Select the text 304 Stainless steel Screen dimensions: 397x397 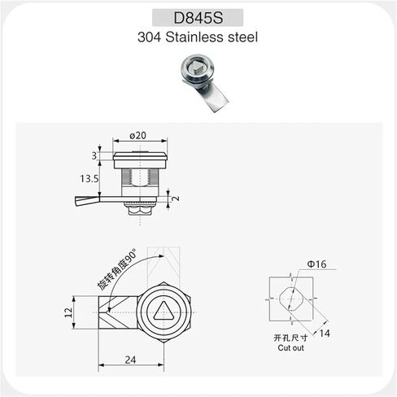coord(198,37)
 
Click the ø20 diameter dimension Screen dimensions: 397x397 coord(137,136)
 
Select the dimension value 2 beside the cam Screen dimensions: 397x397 coord(174,197)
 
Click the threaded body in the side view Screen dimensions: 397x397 coord(138,176)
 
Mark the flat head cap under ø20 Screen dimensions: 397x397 coord(137,155)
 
